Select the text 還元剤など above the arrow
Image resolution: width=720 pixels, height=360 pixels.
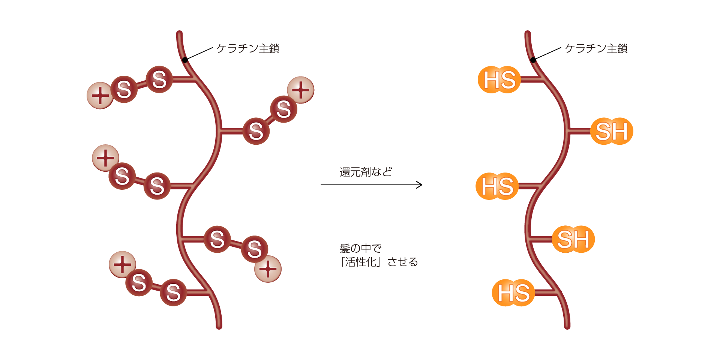pyautogui.click(x=366, y=172)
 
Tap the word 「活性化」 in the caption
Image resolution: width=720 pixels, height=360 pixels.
pyautogui.click(x=360, y=262)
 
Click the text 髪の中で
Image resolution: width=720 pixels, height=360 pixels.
pyautogui.click(x=360, y=248)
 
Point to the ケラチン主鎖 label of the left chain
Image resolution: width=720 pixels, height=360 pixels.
pyautogui.click(x=248, y=48)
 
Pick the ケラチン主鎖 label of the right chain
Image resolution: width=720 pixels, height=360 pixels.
pyautogui.click(x=596, y=48)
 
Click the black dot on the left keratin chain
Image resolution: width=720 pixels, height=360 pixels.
pyautogui.click(x=185, y=60)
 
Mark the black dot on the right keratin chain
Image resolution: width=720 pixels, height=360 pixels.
pyautogui.click(x=533, y=60)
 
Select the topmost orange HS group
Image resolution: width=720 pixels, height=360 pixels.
pyautogui.click(x=499, y=80)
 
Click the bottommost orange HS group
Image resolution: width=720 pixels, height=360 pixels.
pyautogui.click(x=513, y=293)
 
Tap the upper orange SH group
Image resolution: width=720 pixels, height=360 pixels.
pyautogui.click(x=612, y=131)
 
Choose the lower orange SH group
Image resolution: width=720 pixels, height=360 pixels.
pyautogui.click(x=573, y=239)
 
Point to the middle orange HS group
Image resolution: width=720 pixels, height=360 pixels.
pyautogui.click(x=497, y=186)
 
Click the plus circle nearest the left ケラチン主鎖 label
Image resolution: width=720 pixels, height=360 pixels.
pyautogui.click(x=301, y=90)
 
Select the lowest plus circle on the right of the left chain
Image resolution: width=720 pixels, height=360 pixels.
pyautogui.click(x=268, y=269)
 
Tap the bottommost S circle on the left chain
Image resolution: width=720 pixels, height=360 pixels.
pyautogui.click(x=173, y=292)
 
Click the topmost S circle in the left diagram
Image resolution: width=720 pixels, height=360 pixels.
pyautogui.click(x=159, y=79)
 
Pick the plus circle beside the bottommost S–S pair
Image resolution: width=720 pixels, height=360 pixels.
pyautogui.click(x=122, y=265)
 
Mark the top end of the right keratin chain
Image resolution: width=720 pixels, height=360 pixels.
pyautogui.click(x=528, y=33)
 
